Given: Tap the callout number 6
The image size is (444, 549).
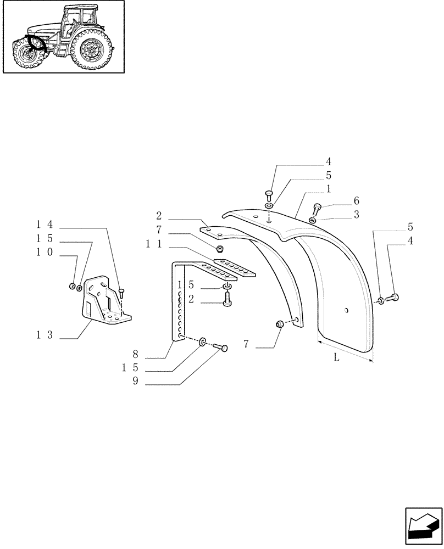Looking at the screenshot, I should tap(356, 201).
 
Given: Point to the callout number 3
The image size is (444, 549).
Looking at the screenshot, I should tap(356, 215).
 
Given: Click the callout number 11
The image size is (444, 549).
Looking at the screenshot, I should tap(153, 245).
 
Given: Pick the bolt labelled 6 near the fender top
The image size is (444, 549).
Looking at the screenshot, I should tap(317, 209).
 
